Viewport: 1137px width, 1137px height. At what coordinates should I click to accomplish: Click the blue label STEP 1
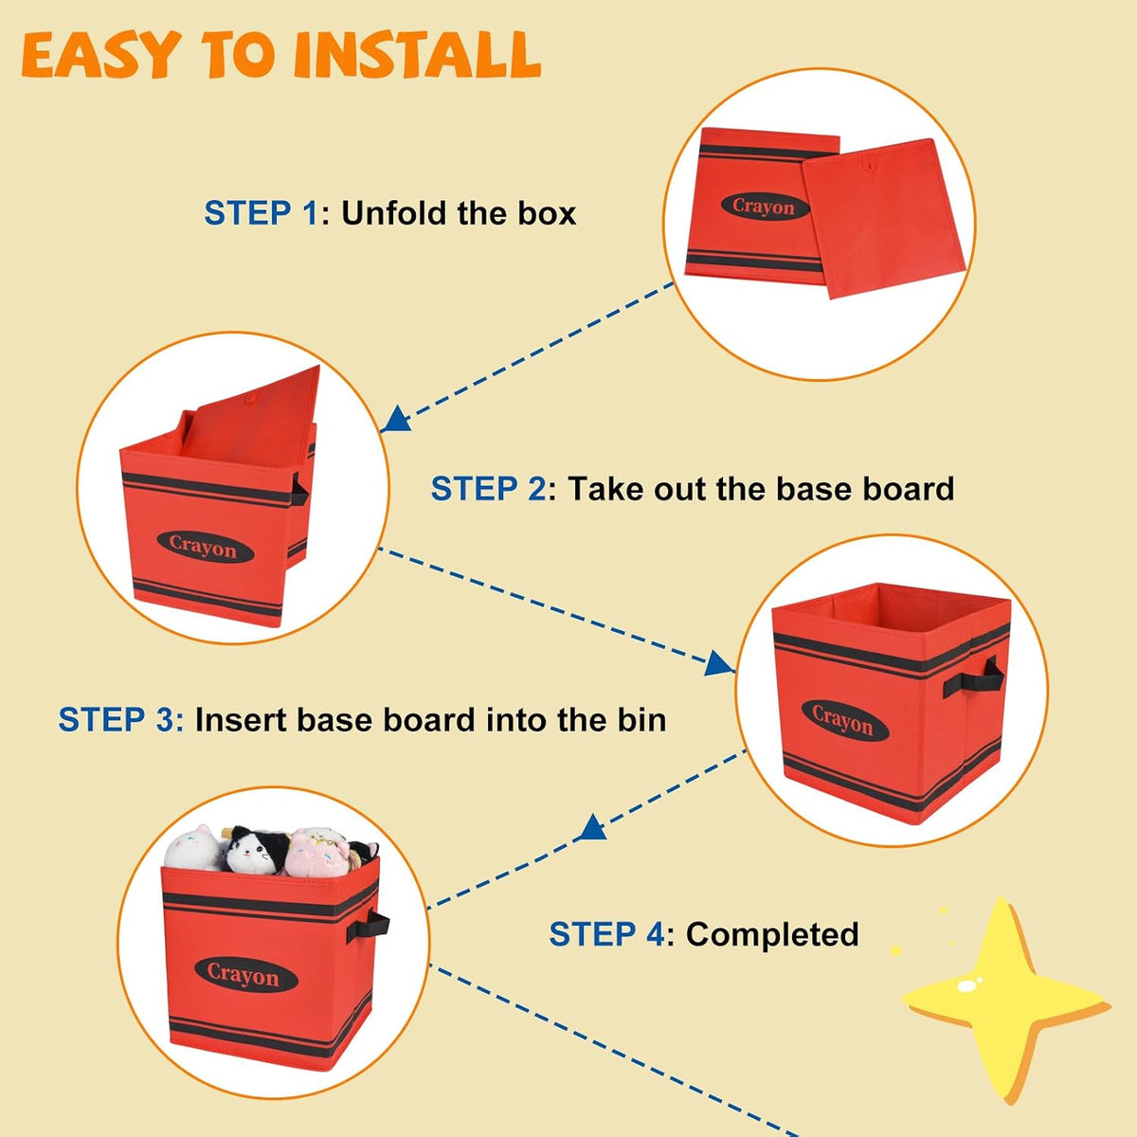tap(261, 213)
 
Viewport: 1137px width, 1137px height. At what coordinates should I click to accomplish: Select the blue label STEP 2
tap(488, 489)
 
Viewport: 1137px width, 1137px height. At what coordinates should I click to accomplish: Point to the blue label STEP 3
tap(120, 720)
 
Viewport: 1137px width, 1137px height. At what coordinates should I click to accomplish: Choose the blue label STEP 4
tap(606, 934)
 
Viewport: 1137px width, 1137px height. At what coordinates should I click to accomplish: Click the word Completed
tap(772, 935)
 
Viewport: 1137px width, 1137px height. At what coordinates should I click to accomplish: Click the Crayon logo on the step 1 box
tap(766, 207)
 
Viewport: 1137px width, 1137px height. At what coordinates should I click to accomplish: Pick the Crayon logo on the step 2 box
tap(206, 547)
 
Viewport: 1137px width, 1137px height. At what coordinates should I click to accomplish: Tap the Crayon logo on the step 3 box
tap(845, 720)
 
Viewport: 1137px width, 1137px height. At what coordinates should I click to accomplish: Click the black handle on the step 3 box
tap(973, 680)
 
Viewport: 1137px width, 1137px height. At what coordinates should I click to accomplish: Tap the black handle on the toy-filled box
tap(368, 927)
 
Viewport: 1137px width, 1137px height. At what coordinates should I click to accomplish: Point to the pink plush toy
tap(317, 852)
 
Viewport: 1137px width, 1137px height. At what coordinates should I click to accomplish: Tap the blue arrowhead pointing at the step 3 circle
tap(718, 664)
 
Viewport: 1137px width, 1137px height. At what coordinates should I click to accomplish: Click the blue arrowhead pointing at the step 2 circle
tap(396, 419)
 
